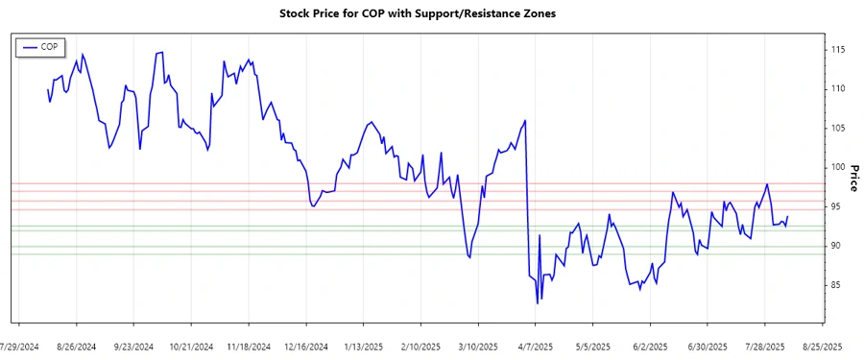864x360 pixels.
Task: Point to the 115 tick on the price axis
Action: [838, 49]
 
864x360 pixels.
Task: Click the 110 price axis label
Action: [838, 88]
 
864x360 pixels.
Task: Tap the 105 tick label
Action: [838, 128]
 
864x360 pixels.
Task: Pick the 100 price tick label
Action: [838, 167]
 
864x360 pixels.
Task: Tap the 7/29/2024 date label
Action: [19, 347]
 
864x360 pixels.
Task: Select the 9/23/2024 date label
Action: [134, 347]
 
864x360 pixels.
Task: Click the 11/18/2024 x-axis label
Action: [248, 347]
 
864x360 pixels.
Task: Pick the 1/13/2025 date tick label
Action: [363, 347]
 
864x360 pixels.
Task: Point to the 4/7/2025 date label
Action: [536, 347]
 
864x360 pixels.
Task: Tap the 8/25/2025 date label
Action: [822, 347]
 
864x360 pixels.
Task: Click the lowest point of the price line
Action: [538, 303]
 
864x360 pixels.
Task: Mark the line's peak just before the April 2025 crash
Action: [525, 121]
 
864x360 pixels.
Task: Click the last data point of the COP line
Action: [787, 217]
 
